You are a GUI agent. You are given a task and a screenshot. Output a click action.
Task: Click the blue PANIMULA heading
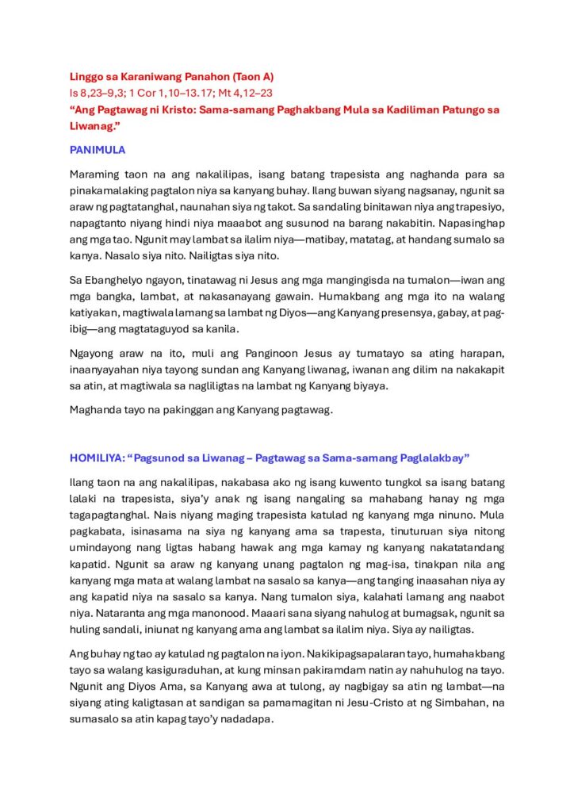click(98, 149)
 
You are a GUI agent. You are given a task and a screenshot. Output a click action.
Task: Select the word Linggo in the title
click(86, 77)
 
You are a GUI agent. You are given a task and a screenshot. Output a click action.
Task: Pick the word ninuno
click(484, 515)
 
